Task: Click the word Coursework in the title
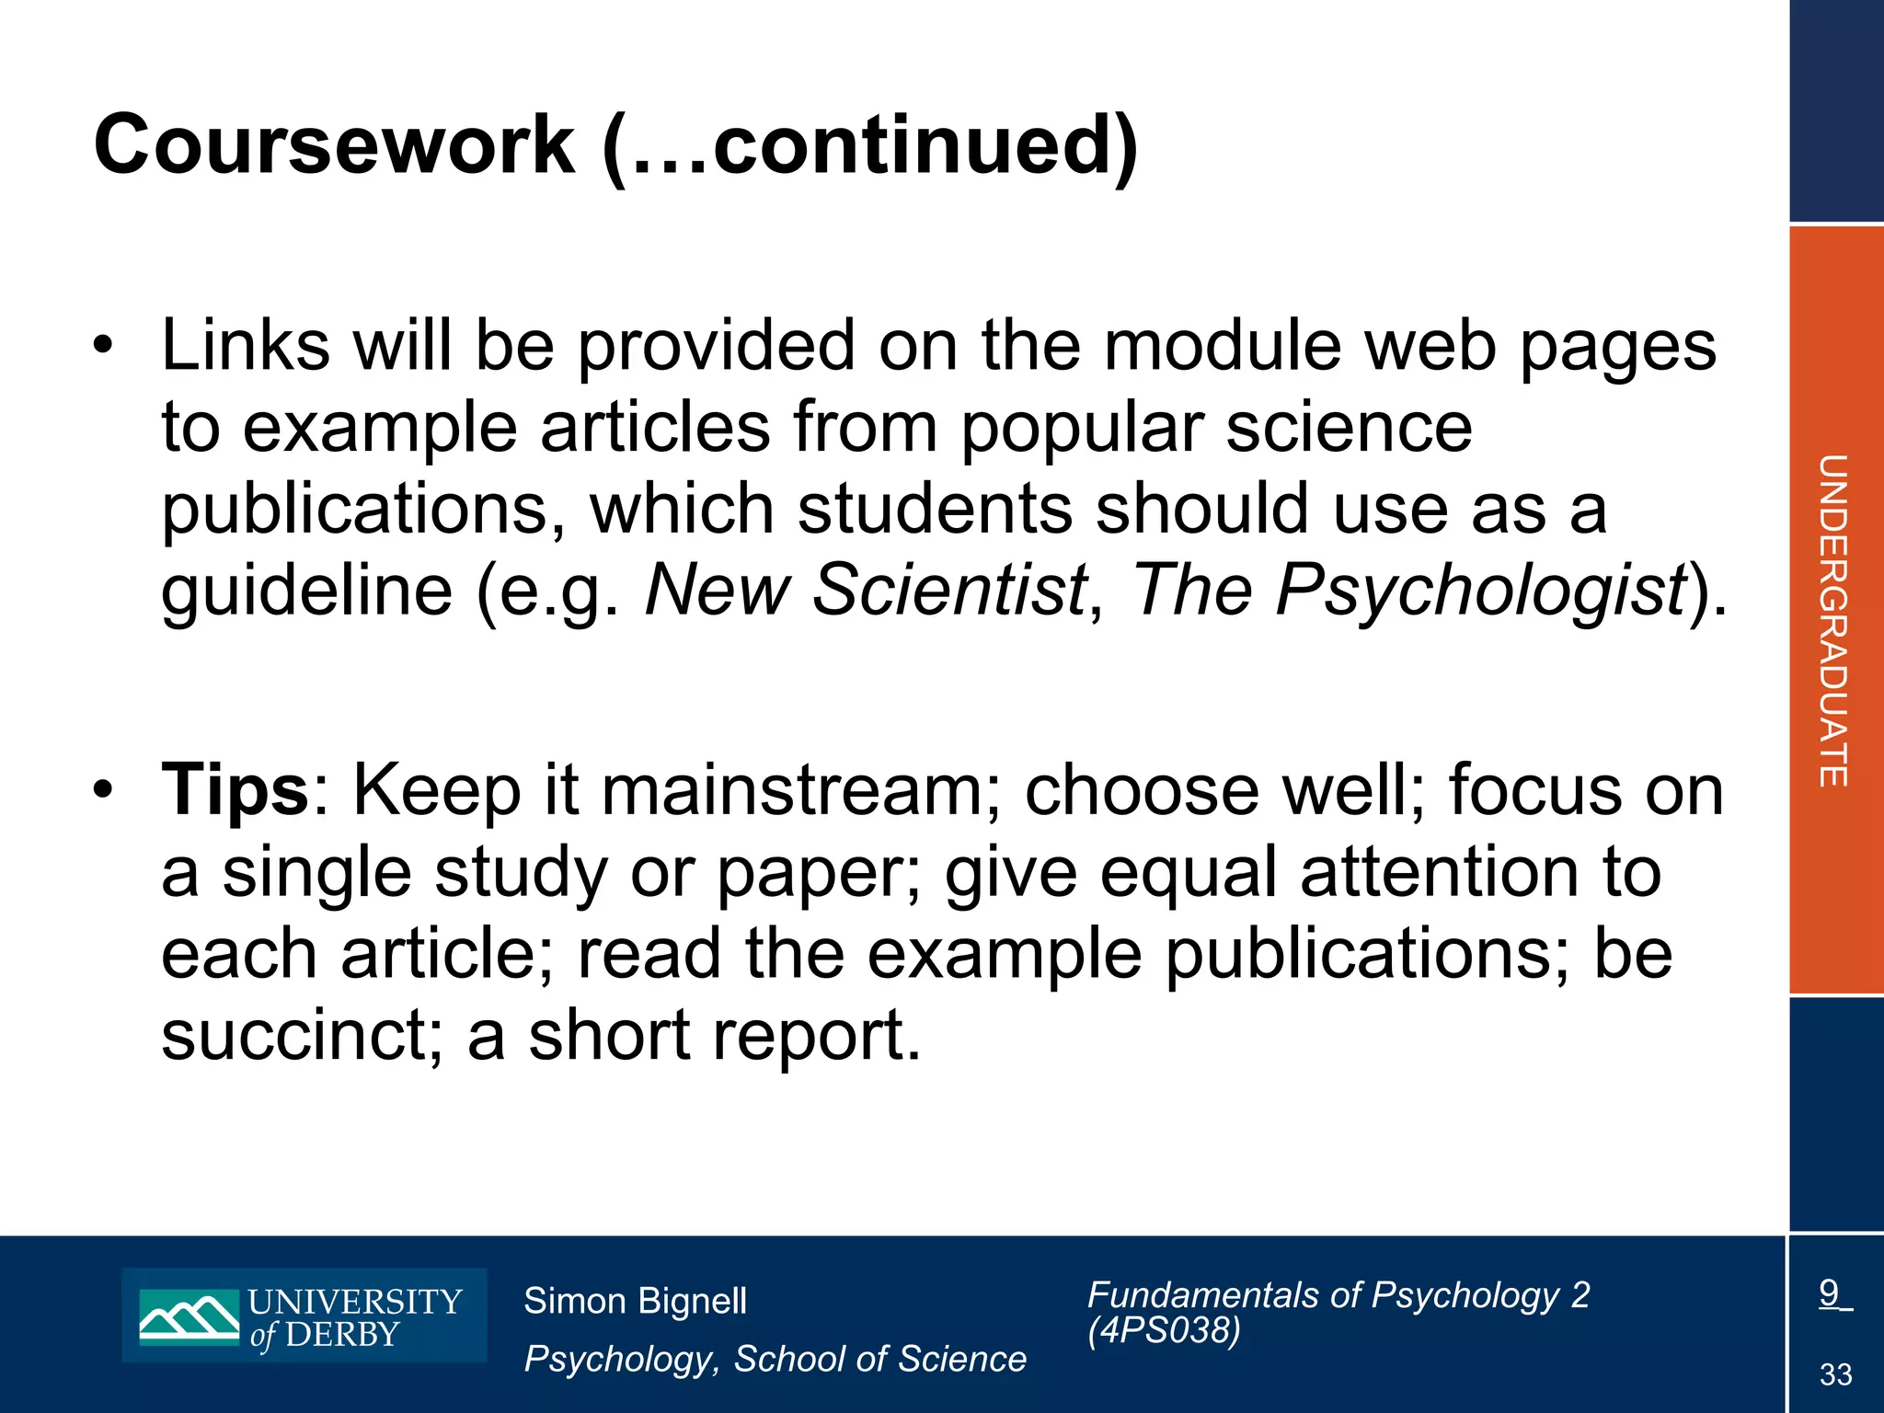tap(334, 145)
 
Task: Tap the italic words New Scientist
tap(866, 590)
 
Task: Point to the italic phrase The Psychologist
tap(1407, 590)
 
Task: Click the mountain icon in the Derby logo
tap(190, 1316)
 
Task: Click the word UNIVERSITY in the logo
tap(355, 1302)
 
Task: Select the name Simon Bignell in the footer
tap(635, 1301)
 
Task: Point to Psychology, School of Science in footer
tap(775, 1359)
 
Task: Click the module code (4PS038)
tap(1164, 1330)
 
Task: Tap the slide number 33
tap(1835, 1374)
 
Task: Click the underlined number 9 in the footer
tap(1829, 1293)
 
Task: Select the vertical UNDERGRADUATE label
tap(1833, 620)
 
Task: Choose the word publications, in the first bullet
tap(363, 510)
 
